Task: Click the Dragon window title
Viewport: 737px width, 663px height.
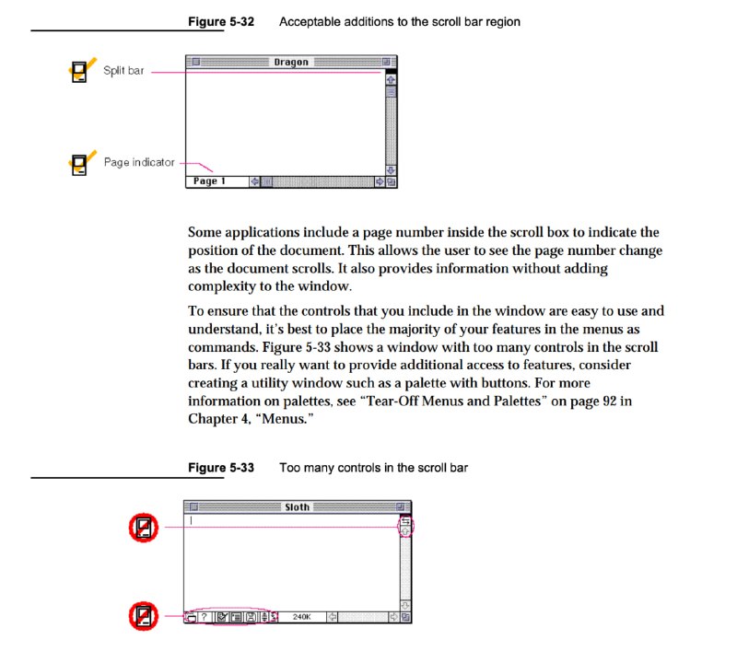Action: click(291, 62)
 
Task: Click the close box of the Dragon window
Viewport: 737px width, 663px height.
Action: click(196, 62)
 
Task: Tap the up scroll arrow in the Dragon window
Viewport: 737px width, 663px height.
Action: click(391, 80)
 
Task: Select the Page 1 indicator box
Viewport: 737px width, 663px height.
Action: click(217, 181)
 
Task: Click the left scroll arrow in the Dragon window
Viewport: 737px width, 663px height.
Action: click(254, 181)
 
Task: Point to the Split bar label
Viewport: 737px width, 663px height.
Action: click(123, 71)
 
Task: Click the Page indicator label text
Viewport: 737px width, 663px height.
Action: click(139, 162)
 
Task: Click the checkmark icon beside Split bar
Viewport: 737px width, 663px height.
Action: click(82, 70)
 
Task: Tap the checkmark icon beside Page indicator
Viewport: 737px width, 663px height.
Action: click(82, 163)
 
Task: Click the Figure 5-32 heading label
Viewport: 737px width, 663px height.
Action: click(221, 21)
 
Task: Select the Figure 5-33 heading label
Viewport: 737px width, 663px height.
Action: click(221, 468)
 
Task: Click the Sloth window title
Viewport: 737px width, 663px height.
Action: click(297, 507)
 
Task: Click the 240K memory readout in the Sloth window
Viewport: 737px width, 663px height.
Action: click(302, 616)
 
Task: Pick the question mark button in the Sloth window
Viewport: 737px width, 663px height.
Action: click(204, 616)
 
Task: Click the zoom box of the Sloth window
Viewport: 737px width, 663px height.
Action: click(400, 507)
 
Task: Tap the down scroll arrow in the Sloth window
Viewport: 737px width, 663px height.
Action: click(405, 605)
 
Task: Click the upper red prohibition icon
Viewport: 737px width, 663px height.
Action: click(144, 528)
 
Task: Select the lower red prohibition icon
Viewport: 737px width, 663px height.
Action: click(144, 616)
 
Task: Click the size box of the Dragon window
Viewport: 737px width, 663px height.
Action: click(391, 181)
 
